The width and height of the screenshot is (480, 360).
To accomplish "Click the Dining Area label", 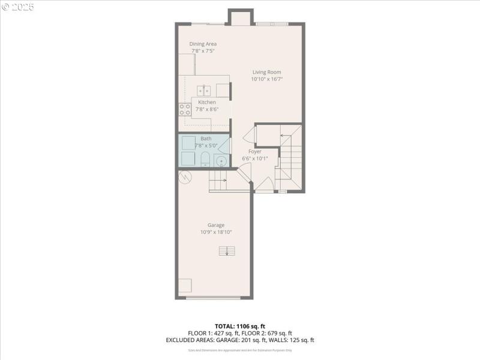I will [203, 44].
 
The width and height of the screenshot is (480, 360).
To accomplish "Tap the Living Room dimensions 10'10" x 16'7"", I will [266, 79].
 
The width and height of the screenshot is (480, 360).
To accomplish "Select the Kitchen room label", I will [207, 102].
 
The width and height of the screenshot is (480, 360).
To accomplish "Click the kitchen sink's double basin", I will [205, 91].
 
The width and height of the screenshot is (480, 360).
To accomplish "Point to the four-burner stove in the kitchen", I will [185, 110].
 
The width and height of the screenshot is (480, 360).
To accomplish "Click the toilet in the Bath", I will [205, 160].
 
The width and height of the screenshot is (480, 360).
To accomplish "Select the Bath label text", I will [206, 139].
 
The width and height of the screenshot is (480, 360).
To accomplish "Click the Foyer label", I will [255, 152].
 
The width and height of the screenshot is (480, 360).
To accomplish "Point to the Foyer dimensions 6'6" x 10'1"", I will [255, 158].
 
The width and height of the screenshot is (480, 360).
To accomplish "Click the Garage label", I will [216, 225].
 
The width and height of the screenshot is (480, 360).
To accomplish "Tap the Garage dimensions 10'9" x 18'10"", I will [216, 232].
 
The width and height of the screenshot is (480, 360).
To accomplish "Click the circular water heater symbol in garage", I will [185, 177].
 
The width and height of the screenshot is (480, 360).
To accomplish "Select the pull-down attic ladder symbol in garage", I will [227, 251].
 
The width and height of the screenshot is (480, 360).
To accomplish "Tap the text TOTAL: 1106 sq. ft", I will [240, 326].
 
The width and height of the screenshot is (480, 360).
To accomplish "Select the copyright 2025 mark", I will [18, 7].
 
